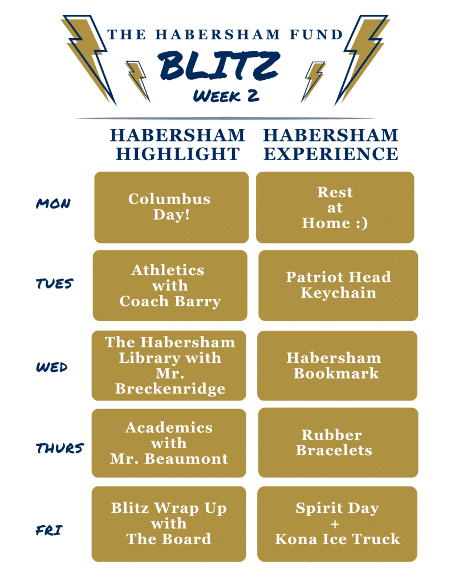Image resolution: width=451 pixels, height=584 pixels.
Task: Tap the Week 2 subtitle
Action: (226, 95)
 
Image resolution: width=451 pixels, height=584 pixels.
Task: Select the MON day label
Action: (53, 204)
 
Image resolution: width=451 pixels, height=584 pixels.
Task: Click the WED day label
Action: (51, 367)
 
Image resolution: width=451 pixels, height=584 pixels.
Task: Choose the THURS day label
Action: (59, 448)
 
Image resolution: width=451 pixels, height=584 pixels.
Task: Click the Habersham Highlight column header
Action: (177, 144)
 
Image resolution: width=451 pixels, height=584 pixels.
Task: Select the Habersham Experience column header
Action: (331, 144)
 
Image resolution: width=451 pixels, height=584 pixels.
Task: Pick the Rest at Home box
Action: (335, 207)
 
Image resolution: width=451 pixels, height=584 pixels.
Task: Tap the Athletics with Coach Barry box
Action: (170, 285)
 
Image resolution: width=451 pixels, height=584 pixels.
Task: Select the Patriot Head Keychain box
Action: (338, 285)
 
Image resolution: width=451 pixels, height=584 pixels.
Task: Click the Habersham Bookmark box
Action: (337, 366)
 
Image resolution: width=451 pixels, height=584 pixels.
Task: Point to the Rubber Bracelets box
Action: (338, 443)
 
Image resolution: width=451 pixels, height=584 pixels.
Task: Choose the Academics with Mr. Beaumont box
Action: (169, 443)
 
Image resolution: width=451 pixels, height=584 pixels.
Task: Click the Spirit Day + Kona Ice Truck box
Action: (337, 524)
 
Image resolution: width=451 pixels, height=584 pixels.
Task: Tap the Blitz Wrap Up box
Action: (169, 524)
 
